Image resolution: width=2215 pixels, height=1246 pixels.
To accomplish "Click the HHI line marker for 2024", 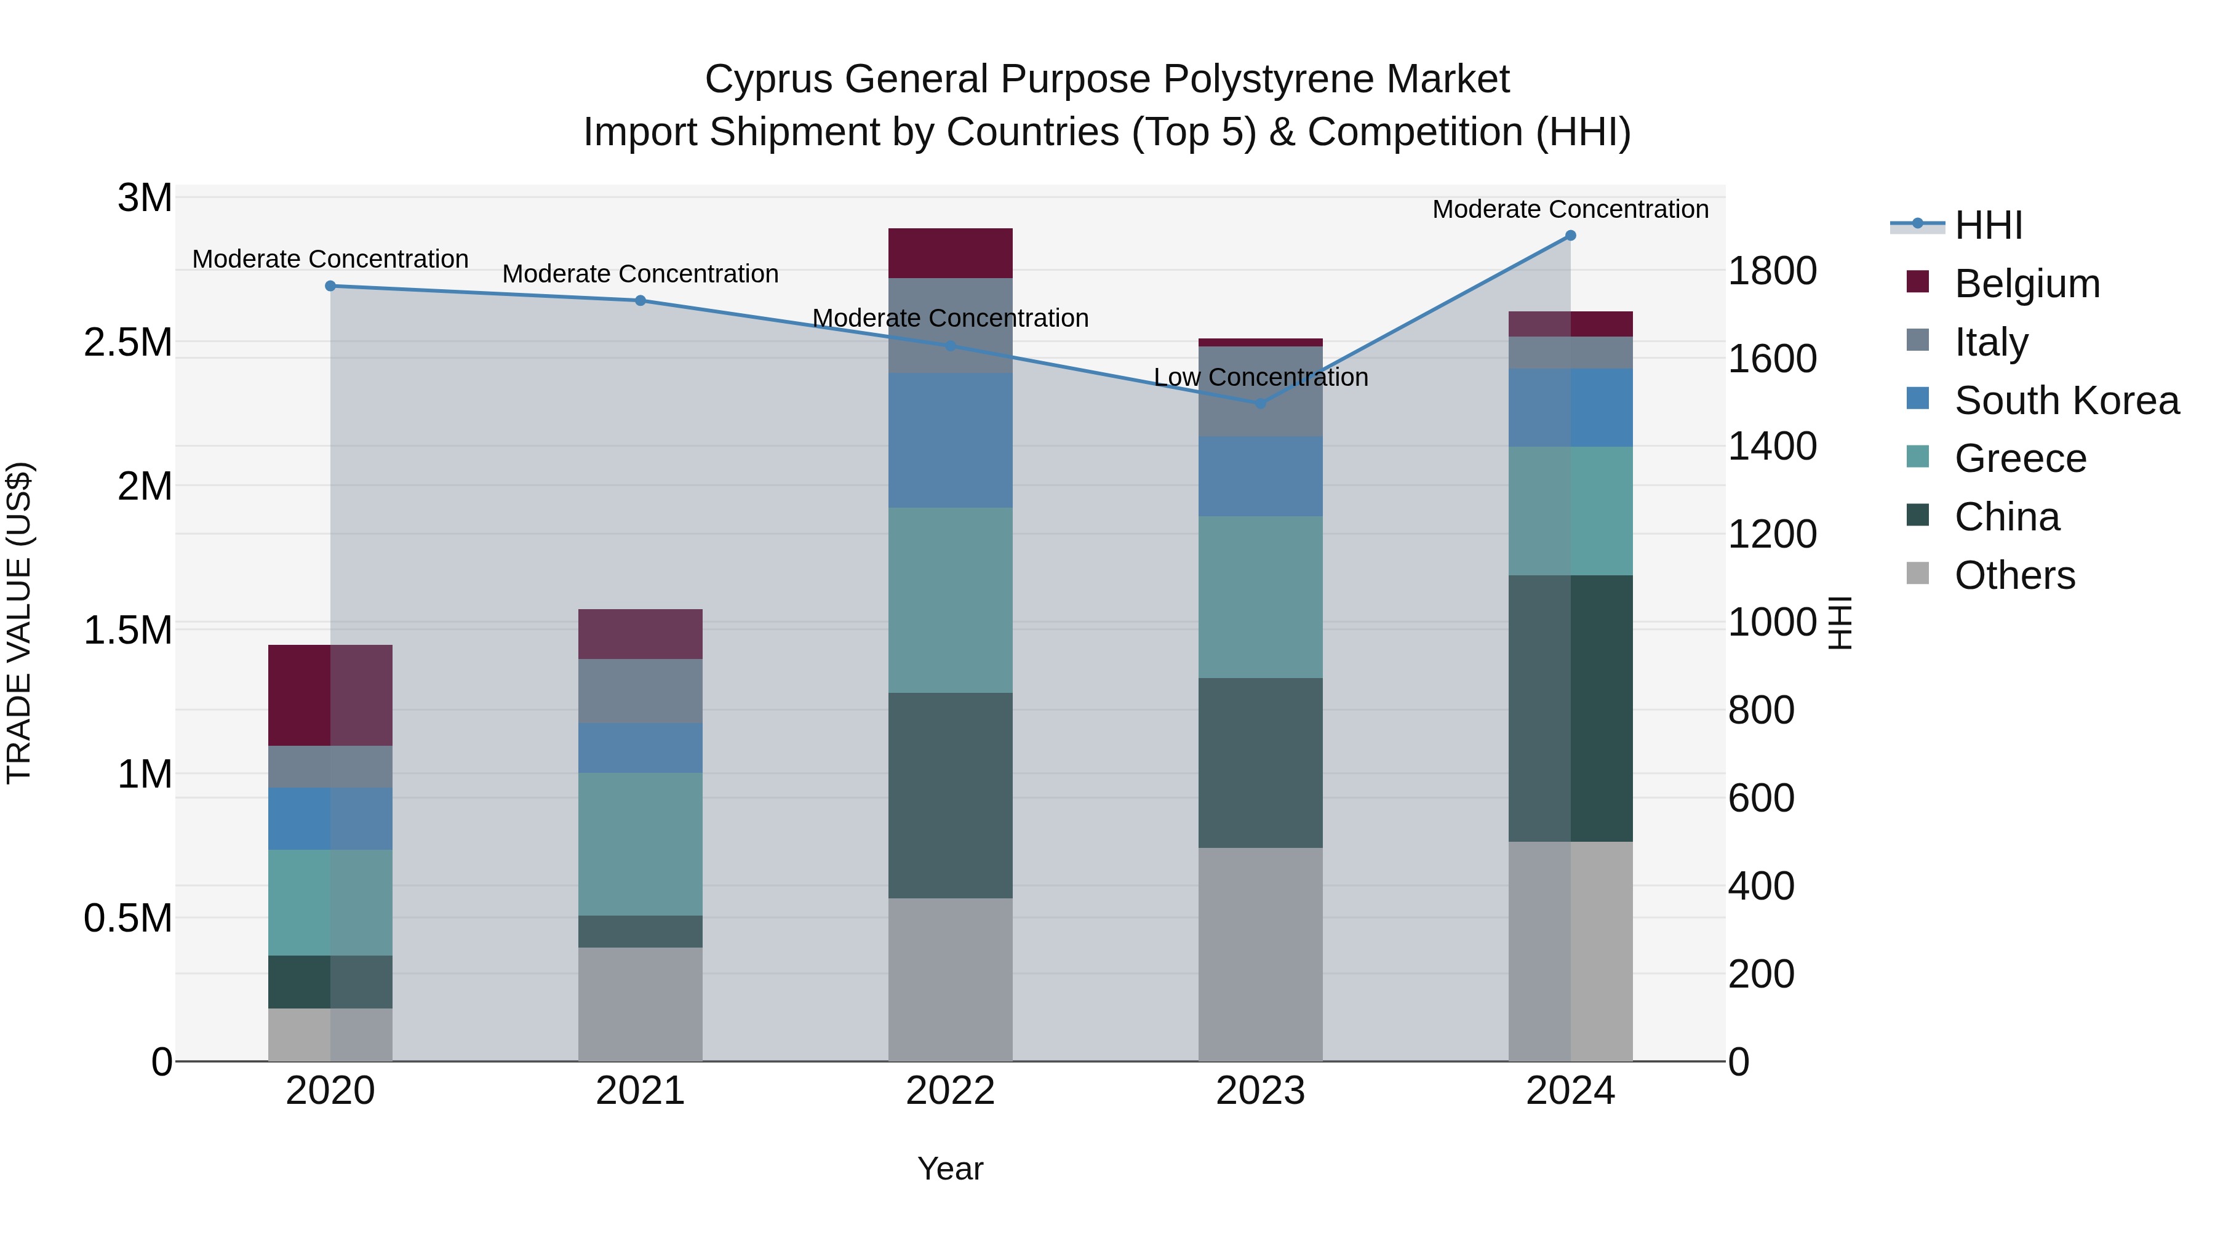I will point(1570,236).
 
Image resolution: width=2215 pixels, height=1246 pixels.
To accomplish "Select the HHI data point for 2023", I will point(1261,403).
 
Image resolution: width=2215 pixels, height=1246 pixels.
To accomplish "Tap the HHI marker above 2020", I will point(330,286).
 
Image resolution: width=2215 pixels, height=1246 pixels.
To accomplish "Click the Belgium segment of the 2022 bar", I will point(950,253).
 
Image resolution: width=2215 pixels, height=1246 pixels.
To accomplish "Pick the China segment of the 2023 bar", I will point(1261,763).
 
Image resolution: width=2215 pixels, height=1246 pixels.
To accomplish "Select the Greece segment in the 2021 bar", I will point(641,844).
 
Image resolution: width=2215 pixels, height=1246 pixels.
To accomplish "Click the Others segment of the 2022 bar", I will point(950,980).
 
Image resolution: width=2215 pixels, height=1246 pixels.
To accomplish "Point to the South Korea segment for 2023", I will point(1261,476).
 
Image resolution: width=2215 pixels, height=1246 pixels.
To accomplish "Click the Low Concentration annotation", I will point(1261,378).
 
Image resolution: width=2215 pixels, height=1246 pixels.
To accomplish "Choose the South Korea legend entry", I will point(2066,401).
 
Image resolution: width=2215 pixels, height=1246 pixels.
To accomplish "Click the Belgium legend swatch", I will point(1917,282).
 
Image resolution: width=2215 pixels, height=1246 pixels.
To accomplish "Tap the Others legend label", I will point(2014,575).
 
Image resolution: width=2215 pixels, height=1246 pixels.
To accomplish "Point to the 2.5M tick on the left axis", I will point(128,342).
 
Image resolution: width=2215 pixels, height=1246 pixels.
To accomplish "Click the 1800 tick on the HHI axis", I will point(1772,271).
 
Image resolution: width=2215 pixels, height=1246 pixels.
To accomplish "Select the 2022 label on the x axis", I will point(950,1091).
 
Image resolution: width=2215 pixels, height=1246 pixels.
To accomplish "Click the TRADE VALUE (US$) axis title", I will point(19,623).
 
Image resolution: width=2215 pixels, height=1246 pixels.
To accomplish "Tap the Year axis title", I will point(950,1168).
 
